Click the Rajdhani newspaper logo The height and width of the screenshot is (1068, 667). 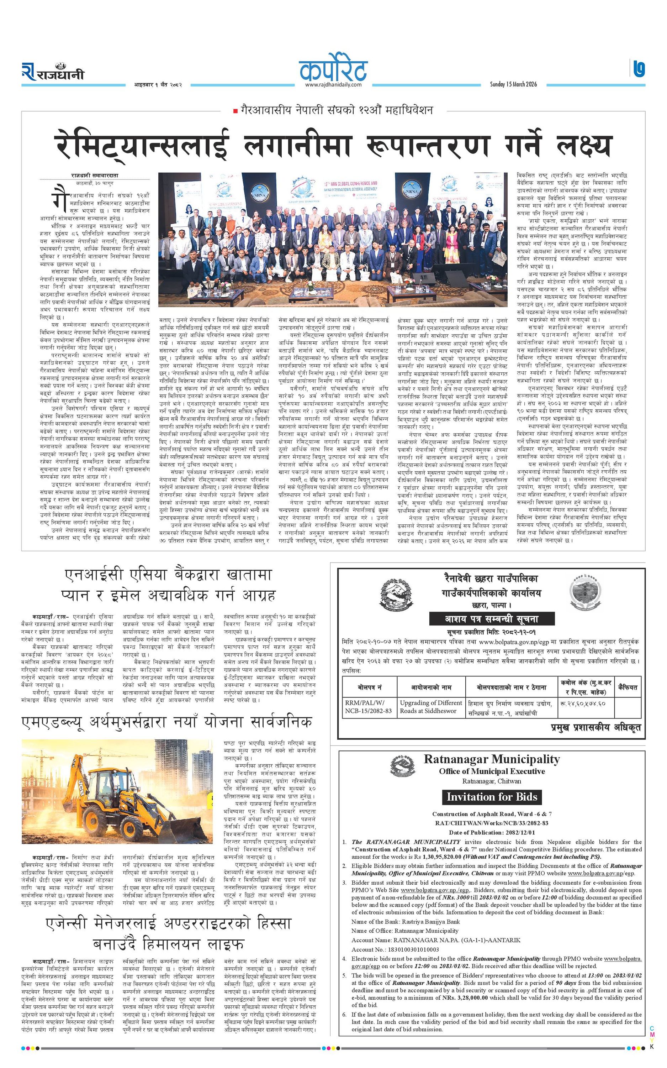click(x=53, y=72)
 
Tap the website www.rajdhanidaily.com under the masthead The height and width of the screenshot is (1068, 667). click(x=333, y=84)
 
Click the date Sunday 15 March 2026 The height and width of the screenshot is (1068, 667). click(x=513, y=84)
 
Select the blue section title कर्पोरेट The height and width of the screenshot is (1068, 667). click(x=333, y=69)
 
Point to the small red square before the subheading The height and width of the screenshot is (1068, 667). click(x=235, y=110)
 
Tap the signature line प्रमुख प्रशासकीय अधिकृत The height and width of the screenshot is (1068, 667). click(x=595, y=727)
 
